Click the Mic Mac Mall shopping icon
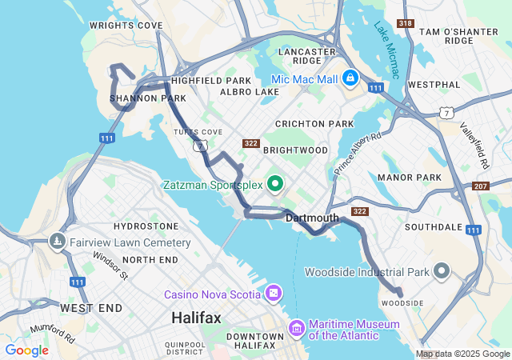[x=350, y=78]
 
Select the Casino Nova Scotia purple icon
[x=274, y=294]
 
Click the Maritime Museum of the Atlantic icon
[x=297, y=328]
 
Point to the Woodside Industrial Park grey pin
[x=441, y=272]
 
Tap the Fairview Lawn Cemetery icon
[x=58, y=242]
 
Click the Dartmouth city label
[x=312, y=218]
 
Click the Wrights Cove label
[x=126, y=26]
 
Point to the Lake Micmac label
[x=386, y=50]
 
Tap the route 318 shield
[x=406, y=24]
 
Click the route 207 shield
[x=480, y=186]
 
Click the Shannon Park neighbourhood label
[x=137, y=98]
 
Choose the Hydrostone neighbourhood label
[x=146, y=227]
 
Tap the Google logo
[x=26, y=350]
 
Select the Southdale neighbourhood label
[x=434, y=227]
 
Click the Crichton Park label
[x=314, y=124]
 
